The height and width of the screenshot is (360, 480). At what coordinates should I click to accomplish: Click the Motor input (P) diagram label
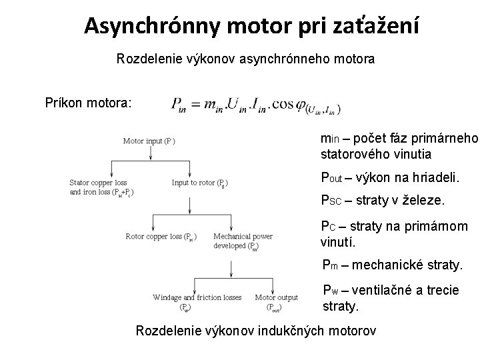pos(149,141)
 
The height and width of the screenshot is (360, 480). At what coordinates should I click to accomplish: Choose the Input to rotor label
pos(201,182)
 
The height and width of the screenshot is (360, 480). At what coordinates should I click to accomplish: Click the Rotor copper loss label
pos(161,236)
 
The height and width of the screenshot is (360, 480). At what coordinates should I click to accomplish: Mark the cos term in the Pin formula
pos(285,105)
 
